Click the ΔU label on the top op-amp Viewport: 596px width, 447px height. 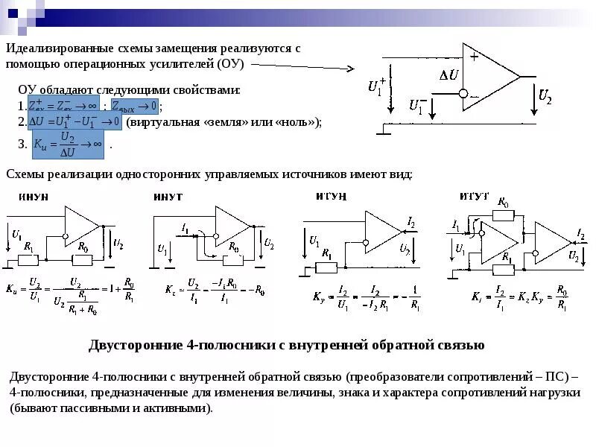click(x=448, y=75)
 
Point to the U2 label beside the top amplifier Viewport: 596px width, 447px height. click(x=545, y=96)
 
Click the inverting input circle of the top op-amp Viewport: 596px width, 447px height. click(x=463, y=94)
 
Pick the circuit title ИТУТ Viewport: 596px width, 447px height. click(x=475, y=196)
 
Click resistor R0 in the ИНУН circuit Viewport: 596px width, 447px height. click(x=83, y=259)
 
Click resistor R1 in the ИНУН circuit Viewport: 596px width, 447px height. click(x=28, y=259)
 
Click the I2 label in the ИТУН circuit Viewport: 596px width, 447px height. click(x=412, y=222)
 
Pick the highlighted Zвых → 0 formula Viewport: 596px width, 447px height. click(x=135, y=106)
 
